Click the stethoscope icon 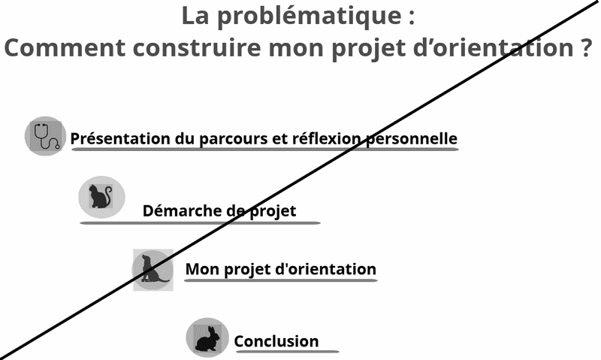(46, 135)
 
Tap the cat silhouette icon (100, 197)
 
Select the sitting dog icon (153, 269)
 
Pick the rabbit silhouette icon (207, 337)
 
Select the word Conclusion (276, 341)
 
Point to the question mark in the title (579, 48)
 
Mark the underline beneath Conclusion (286, 352)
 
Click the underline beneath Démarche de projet (200, 222)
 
